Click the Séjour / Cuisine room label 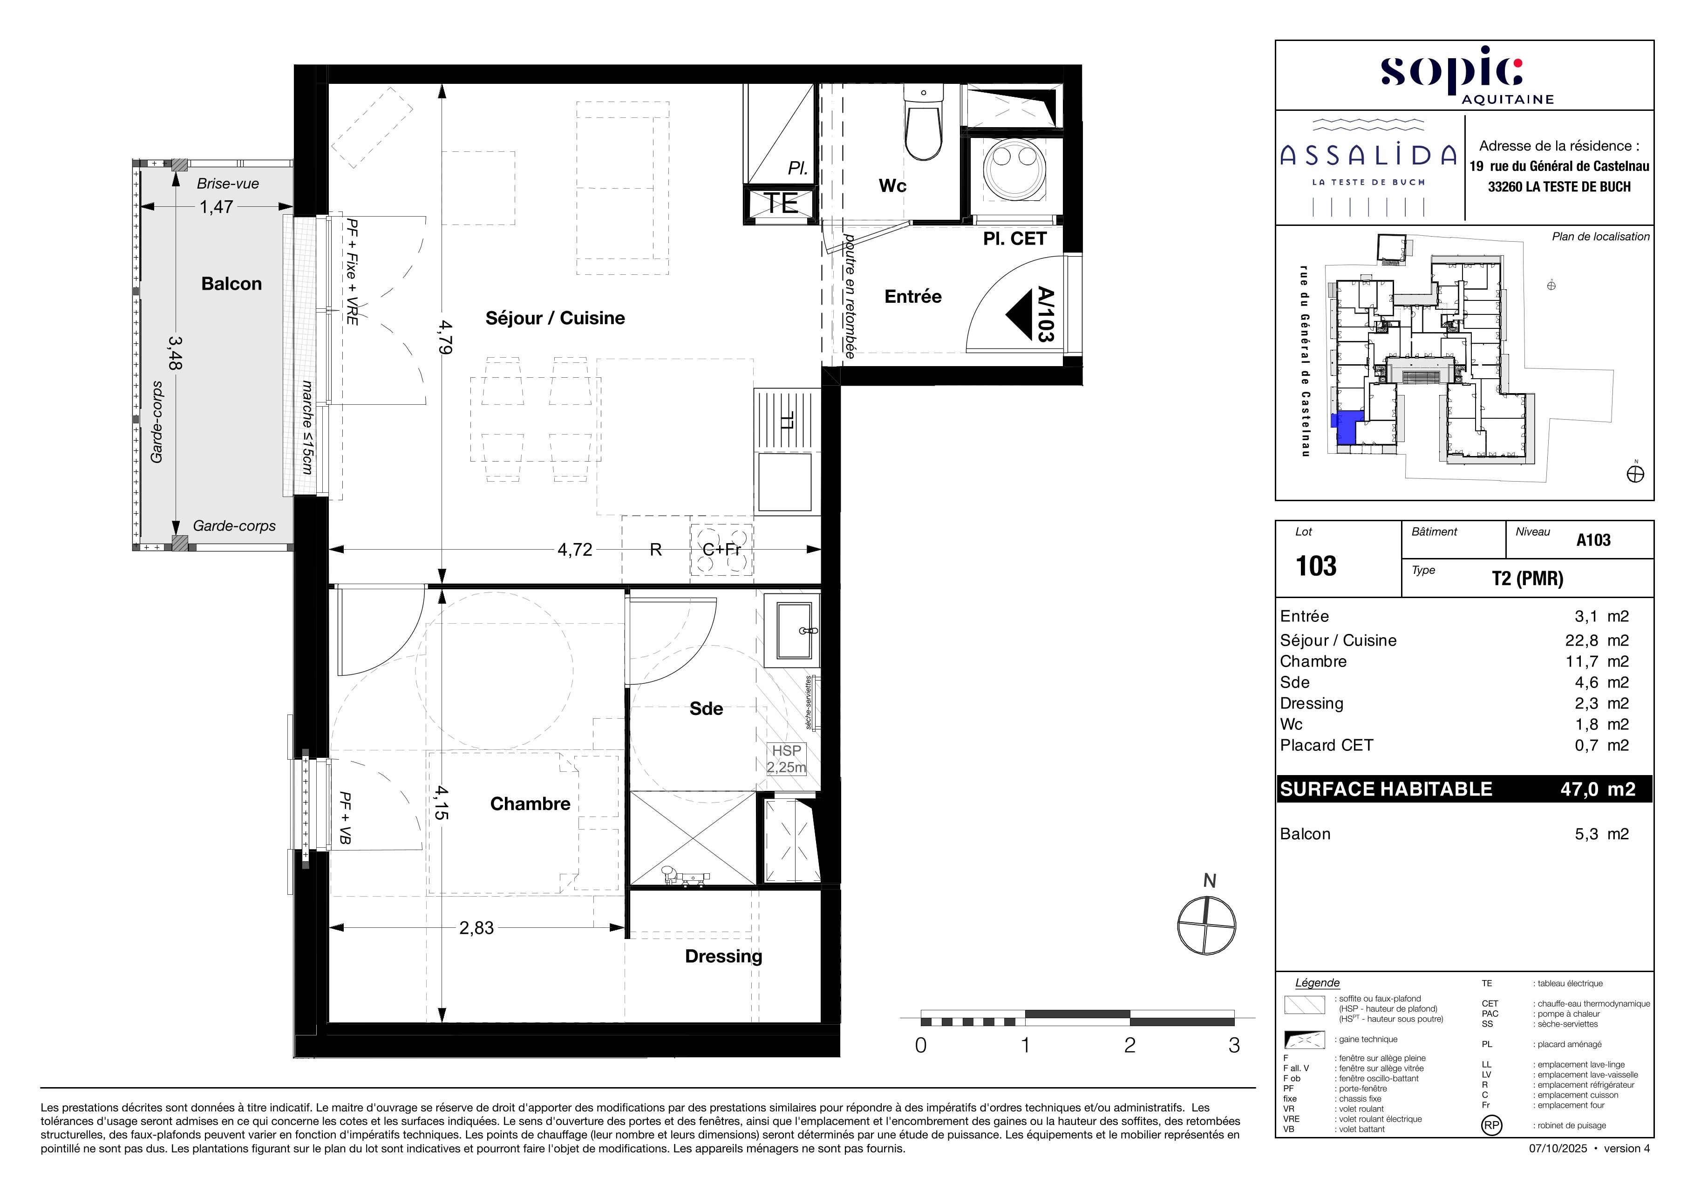click(x=555, y=318)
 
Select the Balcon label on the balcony click(x=231, y=284)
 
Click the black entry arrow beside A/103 click(x=1019, y=314)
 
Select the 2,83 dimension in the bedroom click(x=476, y=928)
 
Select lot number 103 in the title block click(x=1316, y=566)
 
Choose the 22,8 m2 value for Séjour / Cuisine click(x=1597, y=640)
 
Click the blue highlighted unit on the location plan click(x=1346, y=427)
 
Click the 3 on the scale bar click(x=1234, y=1045)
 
